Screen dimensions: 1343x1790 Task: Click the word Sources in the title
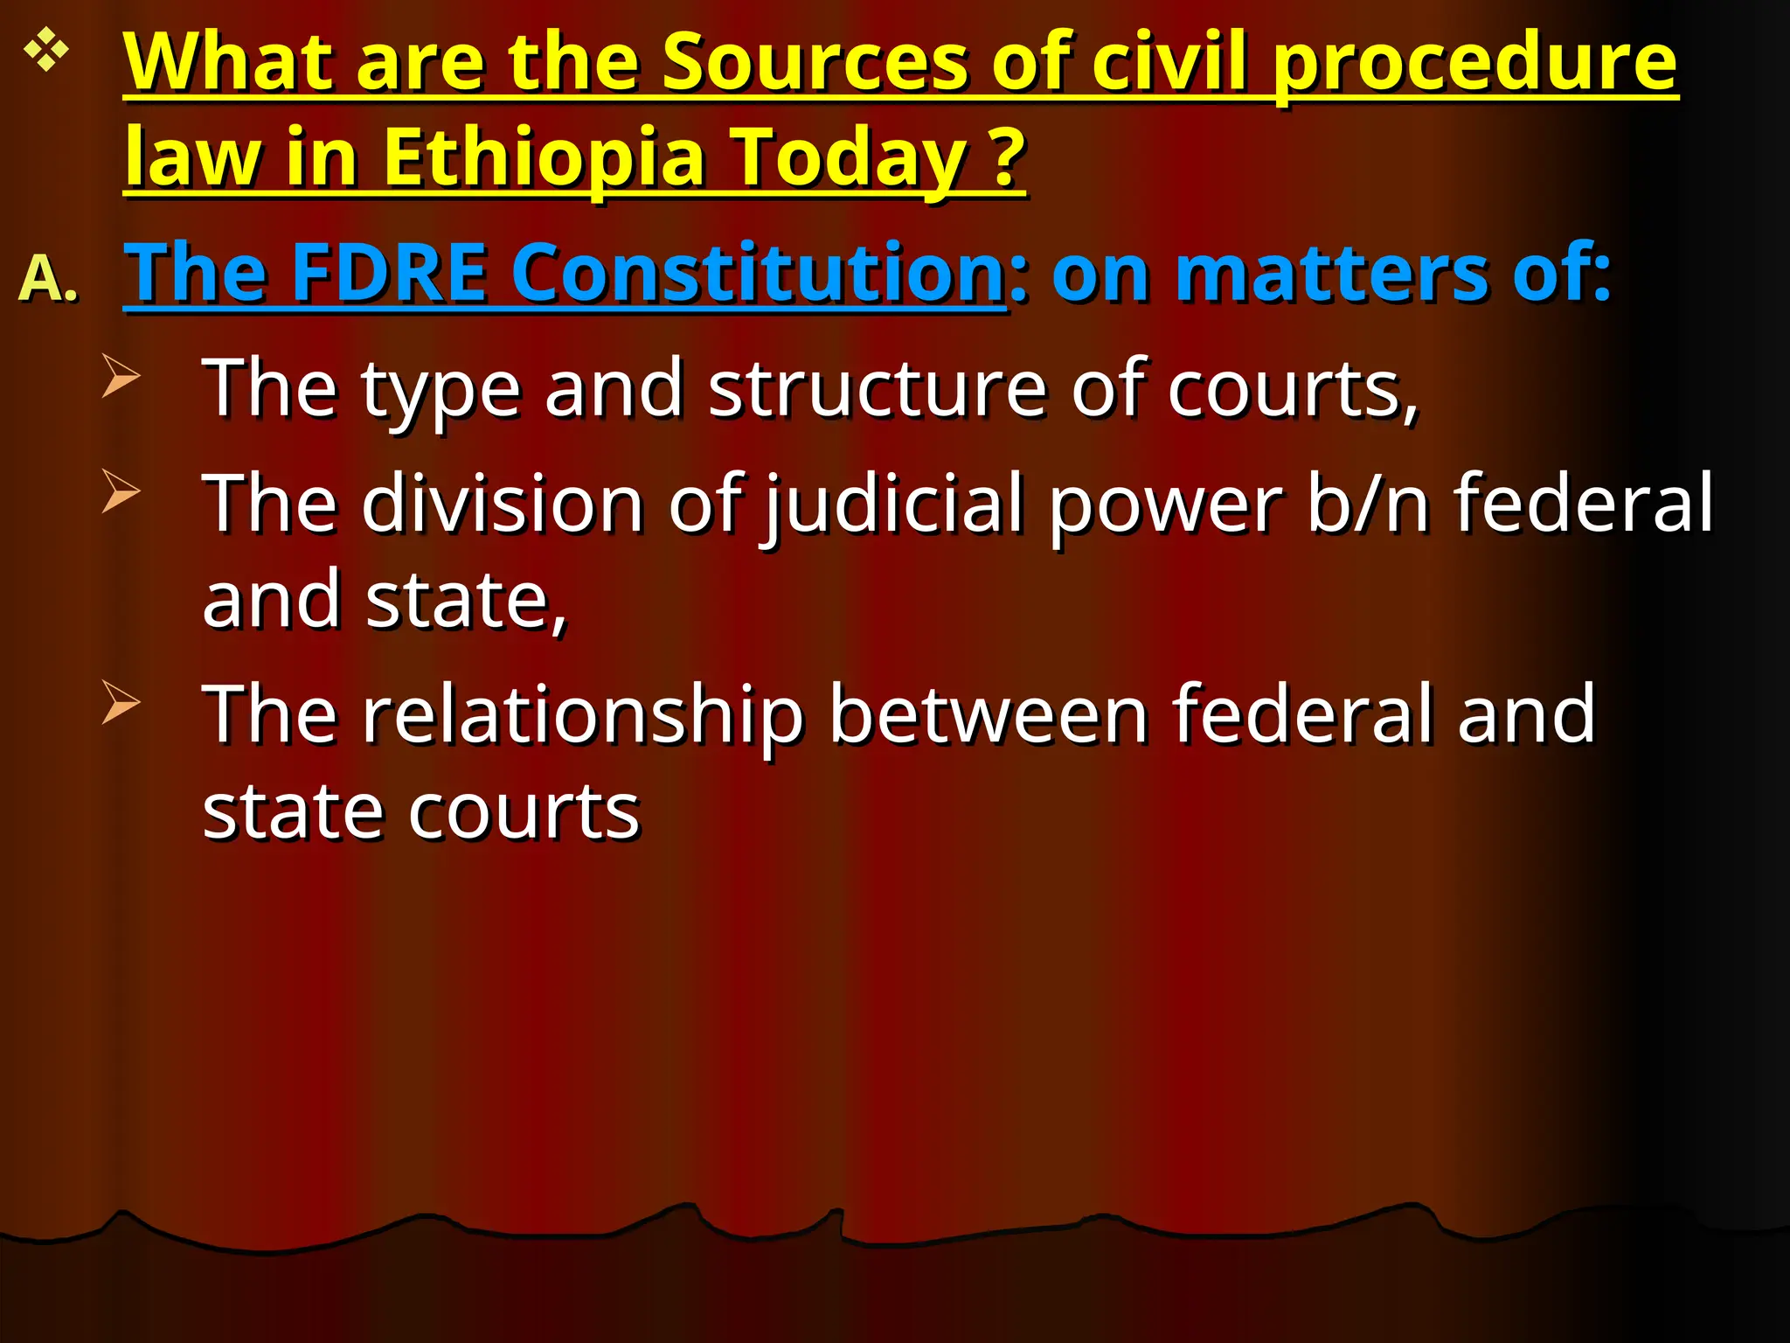(x=814, y=62)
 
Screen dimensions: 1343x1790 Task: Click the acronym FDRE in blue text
(x=388, y=272)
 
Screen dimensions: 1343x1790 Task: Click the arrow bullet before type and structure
(x=120, y=375)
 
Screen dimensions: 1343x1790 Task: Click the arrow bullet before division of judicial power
(x=120, y=491)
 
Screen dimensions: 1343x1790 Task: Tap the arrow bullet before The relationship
(x=120, y=701)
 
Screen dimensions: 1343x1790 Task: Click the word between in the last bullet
(x=988, y=714)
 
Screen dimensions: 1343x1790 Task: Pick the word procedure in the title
(x=1474, y=62)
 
